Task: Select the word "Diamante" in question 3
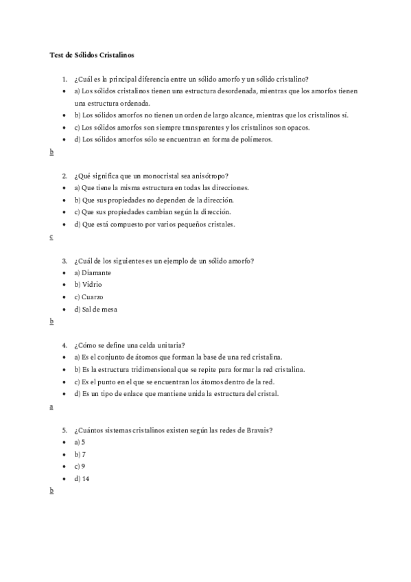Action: [99, 272]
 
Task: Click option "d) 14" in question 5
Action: [82, 479]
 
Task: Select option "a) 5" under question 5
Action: [78, 442]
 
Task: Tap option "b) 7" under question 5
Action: [79, 454]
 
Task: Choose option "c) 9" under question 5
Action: [78, 467]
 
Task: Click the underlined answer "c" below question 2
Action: [51, 237]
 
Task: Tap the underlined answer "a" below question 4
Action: [51, 406]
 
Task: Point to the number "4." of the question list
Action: [64, 345]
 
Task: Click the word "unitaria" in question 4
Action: [172, 345]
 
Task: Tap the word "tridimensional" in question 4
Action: [138, 369]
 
